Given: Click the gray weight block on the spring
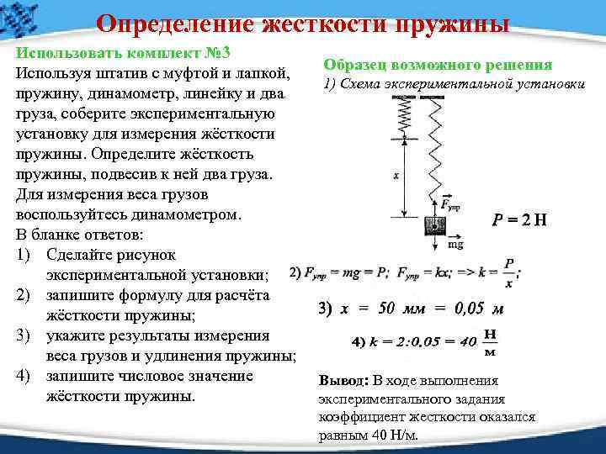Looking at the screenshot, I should [x=434, y=225].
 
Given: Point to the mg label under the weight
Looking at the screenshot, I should [x=454, y=245].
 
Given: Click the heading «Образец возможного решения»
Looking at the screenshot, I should [x=438, y=65].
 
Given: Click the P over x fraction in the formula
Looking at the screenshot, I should [x=508, y=270].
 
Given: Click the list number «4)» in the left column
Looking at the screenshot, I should [x=23, y=375].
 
